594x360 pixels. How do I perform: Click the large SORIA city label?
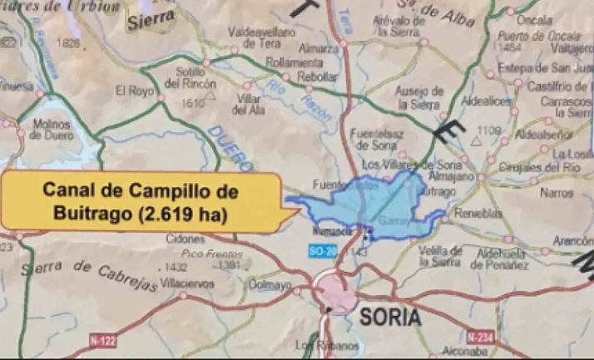[x=390, y=317]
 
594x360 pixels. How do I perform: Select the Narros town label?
[x=557, y=193]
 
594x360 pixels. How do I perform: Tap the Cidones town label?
[x=186, y=239]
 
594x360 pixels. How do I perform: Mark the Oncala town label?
[x=534, y=19]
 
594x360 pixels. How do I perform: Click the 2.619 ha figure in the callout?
[x=185, y=213]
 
